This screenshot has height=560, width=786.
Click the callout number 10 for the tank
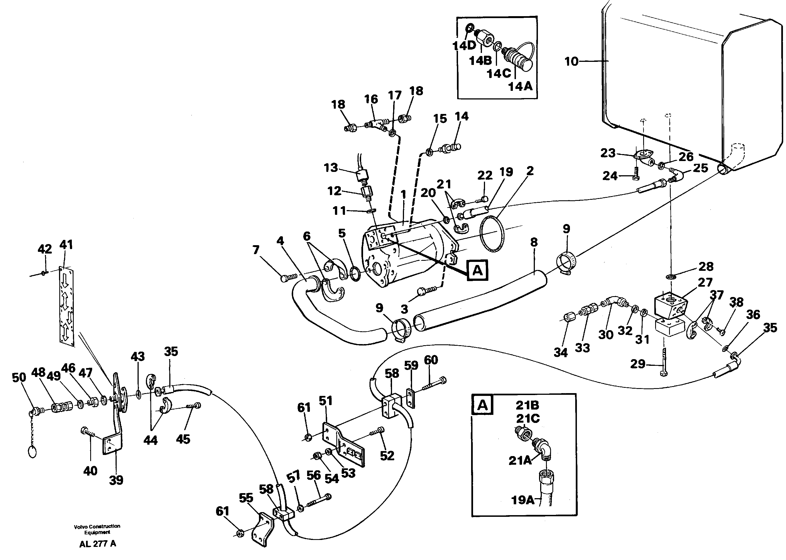pos(571,62)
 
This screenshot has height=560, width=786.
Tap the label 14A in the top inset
pos(520,87)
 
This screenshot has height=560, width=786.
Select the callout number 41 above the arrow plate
pos(66,245)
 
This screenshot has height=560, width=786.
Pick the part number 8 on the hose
pos(534,242)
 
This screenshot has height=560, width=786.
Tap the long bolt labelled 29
pos(663,362)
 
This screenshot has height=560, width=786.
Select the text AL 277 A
pos(97,544)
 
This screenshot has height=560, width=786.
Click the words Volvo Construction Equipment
pos(97,529)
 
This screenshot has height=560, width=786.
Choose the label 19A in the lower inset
pos(522,500)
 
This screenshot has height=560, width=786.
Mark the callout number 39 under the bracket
pos(116,480)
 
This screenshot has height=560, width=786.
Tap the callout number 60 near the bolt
pos(431,360)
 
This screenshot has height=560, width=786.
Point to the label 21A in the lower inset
pos(519,460)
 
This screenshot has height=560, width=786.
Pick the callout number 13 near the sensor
pos(331,168)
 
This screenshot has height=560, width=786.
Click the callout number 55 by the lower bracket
pos(246,498)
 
